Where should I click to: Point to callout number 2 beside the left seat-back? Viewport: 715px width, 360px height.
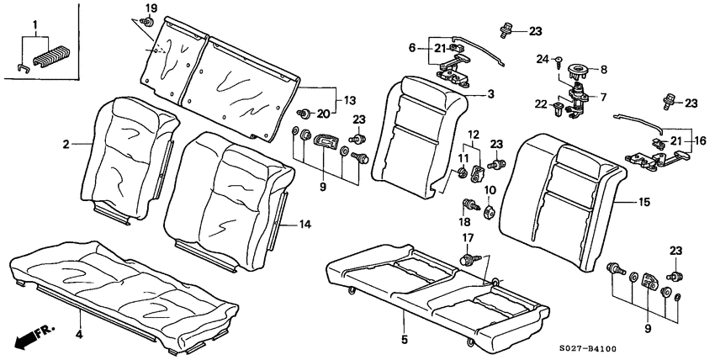tap(65, 145)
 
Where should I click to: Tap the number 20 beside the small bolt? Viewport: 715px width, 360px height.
tap(321, 112)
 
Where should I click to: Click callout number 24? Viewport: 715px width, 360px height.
tap(542, 58)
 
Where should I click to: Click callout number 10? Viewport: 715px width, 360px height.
tap(490, 190)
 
